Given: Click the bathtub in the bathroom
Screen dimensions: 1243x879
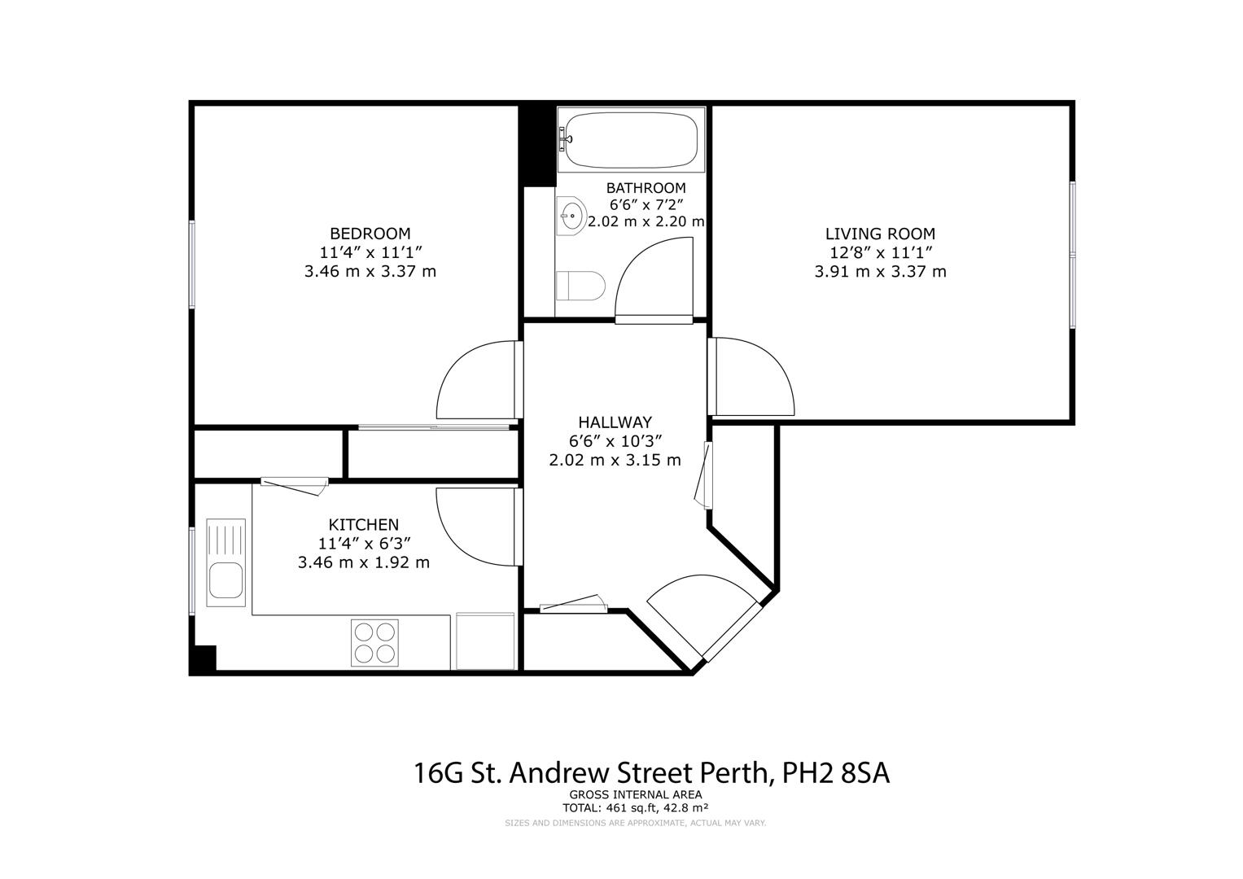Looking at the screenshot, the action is (631, 140).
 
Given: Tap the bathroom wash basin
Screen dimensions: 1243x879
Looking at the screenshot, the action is (571, 216).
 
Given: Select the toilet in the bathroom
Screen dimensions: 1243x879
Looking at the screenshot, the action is (580, 286).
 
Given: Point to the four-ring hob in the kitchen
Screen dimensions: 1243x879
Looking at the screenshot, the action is (374, 643).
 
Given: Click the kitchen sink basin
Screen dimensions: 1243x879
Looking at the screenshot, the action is (225, 580).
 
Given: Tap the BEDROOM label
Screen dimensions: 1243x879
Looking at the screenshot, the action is (370, 234).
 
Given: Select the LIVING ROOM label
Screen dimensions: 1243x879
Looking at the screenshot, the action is (880, 234).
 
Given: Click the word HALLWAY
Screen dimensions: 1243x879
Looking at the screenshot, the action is (615, 422).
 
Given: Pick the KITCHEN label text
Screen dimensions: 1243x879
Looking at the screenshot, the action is (364, 524).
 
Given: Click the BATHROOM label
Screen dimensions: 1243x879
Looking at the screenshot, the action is (646, 188).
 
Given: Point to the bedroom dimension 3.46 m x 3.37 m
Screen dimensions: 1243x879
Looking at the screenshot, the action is (370, 271).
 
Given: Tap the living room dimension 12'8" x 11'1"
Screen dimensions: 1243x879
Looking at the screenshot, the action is (880, 252).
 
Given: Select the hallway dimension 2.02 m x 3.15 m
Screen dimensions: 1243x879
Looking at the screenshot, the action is (615, 460).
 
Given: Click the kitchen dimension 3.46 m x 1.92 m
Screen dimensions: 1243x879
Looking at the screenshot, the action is (364, 562).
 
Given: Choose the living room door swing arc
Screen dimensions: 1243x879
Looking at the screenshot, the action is (774, 360).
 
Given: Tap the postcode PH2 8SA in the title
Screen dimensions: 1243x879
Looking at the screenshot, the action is (836, 773).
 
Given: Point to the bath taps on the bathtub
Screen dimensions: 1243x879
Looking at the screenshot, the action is (565, 138).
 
